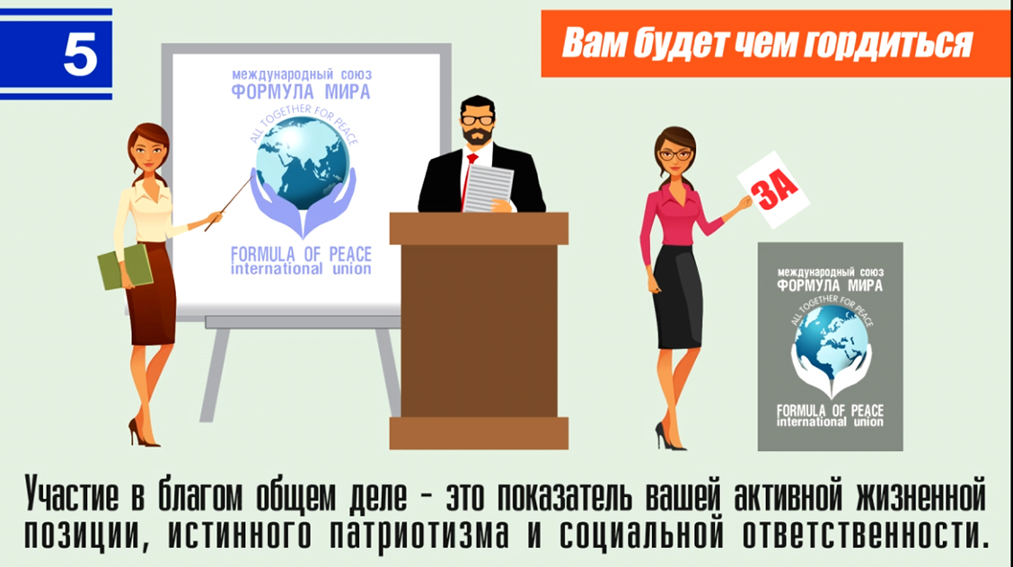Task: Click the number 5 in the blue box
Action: coord(81,54)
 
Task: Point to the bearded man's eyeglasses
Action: coord(478,120)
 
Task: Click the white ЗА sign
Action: coord(774,189)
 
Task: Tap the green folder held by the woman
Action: coord(125,266)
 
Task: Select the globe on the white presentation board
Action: coord(303,163)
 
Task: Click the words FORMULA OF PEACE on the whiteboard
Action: coord(301,254)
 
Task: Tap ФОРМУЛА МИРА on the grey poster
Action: coord(830,285)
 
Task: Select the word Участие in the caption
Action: coord(72,495)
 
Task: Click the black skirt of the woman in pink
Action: coord(678,296)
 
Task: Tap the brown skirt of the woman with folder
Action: coord(152,293)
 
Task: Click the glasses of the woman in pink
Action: coord(674,155)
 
